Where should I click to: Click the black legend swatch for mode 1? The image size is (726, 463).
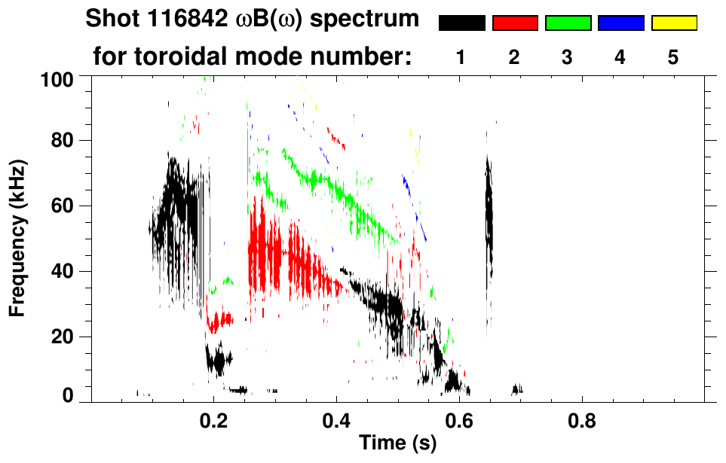click(x=462, y=23)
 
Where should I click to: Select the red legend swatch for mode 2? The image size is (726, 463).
click(x=515, y=23)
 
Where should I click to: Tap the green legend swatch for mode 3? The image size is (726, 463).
click(x=568, y=23)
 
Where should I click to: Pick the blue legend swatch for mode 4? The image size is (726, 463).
click(x=620, y=23)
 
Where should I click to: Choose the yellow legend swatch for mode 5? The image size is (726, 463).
click(x=673, y=23)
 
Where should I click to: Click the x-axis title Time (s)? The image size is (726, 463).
click(x=397, y=443)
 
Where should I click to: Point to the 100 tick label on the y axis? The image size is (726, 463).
click(x=57, y=78)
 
